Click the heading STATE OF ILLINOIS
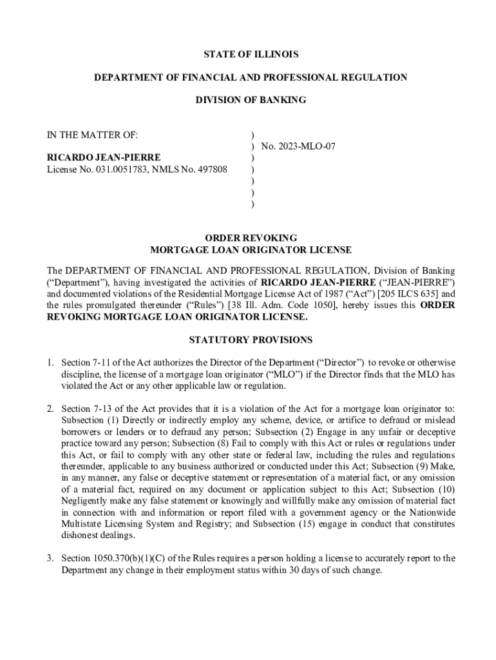[x=251, y=55]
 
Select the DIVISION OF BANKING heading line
[x=251, y=100]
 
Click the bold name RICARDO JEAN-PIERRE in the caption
[x=104, y=158]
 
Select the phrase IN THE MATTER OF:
[x=92, y=135]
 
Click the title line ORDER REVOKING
[x=251, y=238]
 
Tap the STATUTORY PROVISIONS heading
[x=251, y=340]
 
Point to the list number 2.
[x=49, y=409]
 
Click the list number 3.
[x=49, y=558]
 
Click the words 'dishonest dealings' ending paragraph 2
[x=90, y=535]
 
